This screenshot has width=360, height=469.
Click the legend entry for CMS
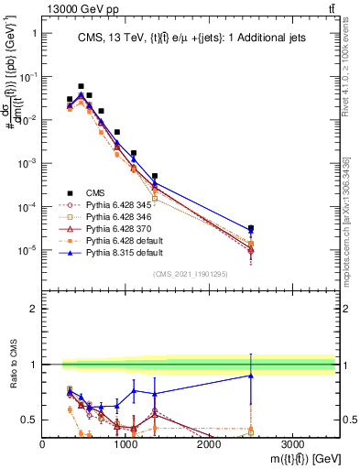[x=95, y=192]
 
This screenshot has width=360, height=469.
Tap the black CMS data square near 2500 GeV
[x=251, y=228]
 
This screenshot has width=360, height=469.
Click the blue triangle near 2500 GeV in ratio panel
[x=251, y=376]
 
